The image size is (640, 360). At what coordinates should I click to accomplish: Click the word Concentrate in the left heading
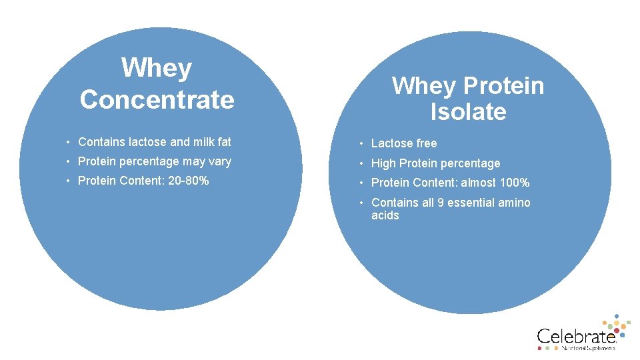[x=157, y=100]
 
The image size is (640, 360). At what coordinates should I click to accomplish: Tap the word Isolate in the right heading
[x=468, y=112]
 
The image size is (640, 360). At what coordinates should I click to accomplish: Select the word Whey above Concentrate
[x=157, y=68]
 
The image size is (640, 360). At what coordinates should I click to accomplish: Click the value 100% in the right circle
[x=515, y=183]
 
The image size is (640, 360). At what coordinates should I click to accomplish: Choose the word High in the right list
[x=383, y=163]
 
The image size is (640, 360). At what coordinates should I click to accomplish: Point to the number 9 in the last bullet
[x=441, y=203]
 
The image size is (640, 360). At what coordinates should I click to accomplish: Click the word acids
[x=385, y=215]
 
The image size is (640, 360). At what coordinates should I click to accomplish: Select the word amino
[x=515, y=203]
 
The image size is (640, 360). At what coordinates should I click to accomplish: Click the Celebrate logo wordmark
[x=575, y=336]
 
